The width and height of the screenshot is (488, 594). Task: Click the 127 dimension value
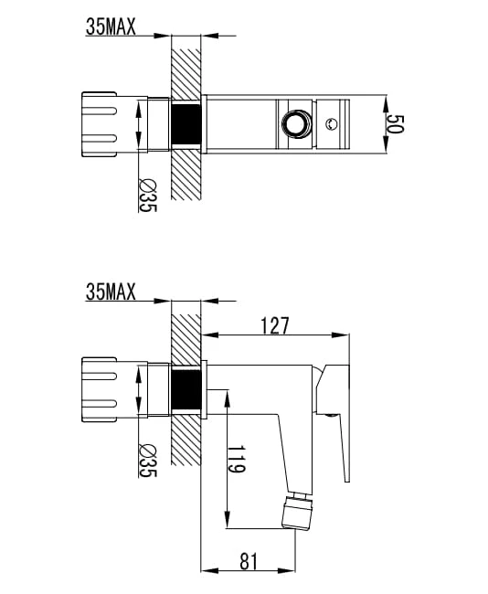[275, 325]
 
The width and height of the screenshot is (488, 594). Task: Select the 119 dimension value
[237, 459]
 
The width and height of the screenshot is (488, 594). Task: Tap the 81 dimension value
[249, 561]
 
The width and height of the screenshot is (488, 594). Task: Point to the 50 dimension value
[396, 124]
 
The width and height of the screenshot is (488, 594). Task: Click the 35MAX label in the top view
[111, 27]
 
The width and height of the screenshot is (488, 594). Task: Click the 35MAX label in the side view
[111, 292]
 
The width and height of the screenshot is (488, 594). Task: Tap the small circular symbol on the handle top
[332, 123]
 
